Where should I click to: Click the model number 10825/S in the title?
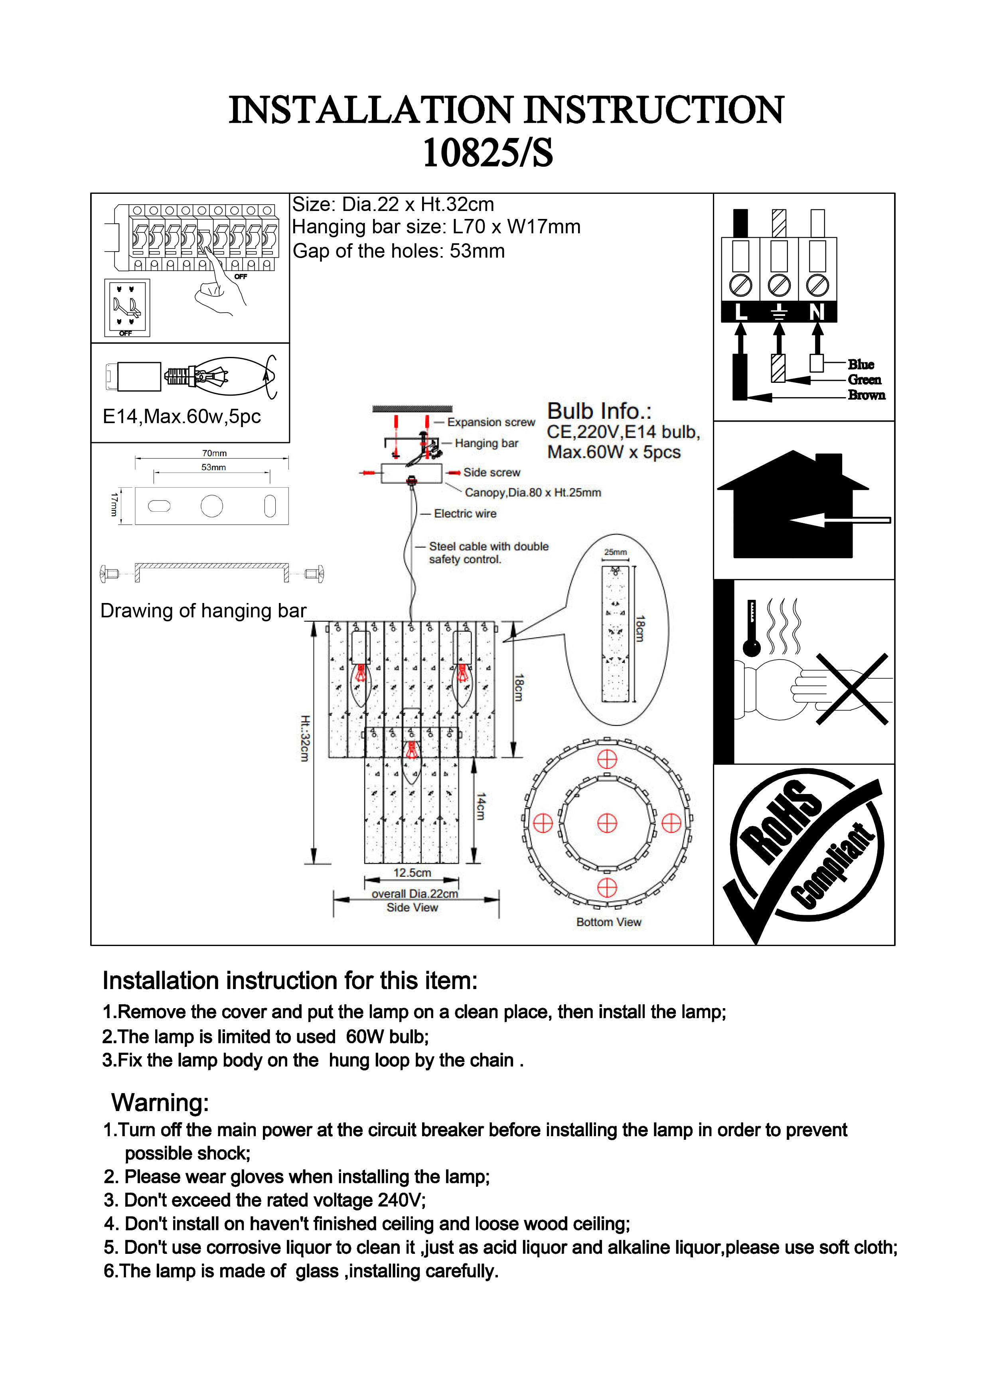click(488, 152)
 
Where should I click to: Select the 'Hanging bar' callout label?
click(486, 443)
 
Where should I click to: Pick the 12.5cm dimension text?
click(412, 873)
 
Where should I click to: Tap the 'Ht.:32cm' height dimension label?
click(305, 738)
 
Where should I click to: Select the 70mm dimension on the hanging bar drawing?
click(214, 453)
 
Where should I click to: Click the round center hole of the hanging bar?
click(212, 506)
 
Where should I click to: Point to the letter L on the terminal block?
click(740, 312)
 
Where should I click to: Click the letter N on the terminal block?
click(817, 312)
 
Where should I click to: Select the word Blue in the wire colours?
click(861, 365)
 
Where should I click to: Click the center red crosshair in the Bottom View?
click(607, 823)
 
